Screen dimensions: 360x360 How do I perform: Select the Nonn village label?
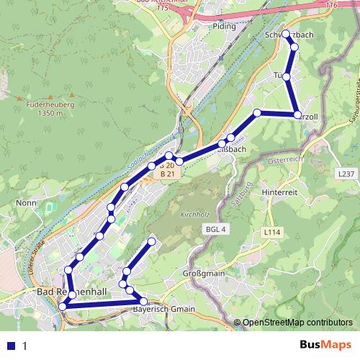tap(26, 204)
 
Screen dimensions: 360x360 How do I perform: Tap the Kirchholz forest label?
tap(194, 215)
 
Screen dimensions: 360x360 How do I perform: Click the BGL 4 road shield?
tap(215, 229)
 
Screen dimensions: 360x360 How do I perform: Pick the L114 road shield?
tap(271, 233)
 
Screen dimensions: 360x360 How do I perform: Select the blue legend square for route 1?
tap(9, 346)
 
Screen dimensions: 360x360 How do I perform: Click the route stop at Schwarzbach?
tap(286, 34)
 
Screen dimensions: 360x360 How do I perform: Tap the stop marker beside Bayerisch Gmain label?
tap(143, 301)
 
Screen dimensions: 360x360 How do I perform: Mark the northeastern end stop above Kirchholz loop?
tap(152, 240)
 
